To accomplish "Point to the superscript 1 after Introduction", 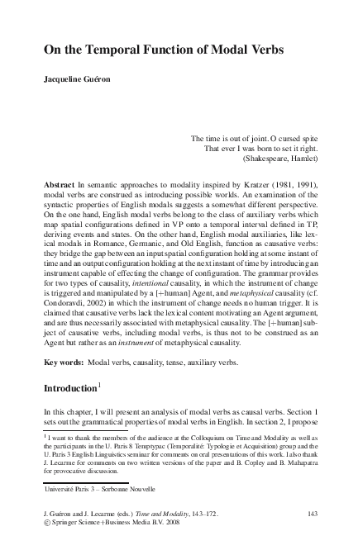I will (x=100, y=383).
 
